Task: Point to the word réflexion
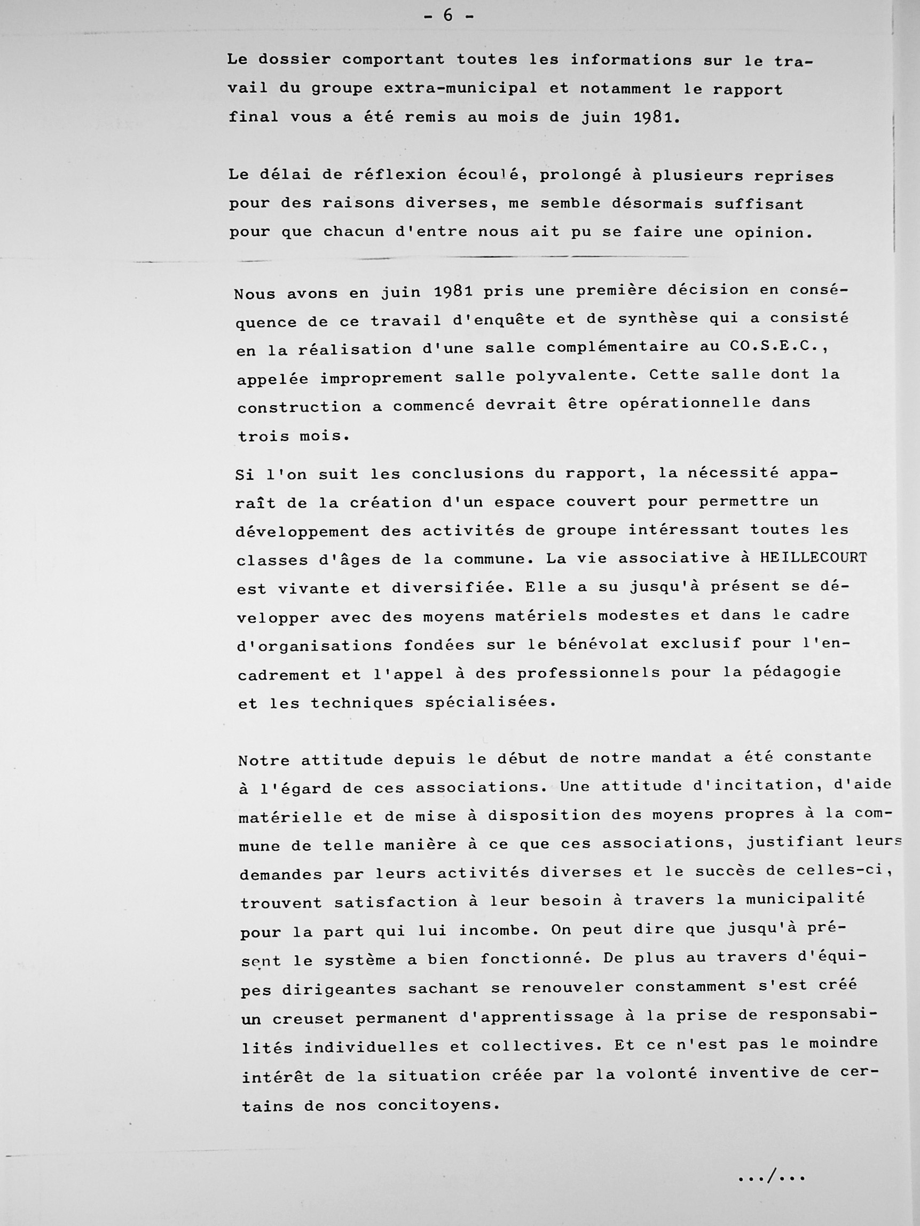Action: pyautogui.click(x=400, y=175)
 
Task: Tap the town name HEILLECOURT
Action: pyautogui.click(x=813, y=558)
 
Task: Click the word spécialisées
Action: pyautogui.click(x=490, y=702)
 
